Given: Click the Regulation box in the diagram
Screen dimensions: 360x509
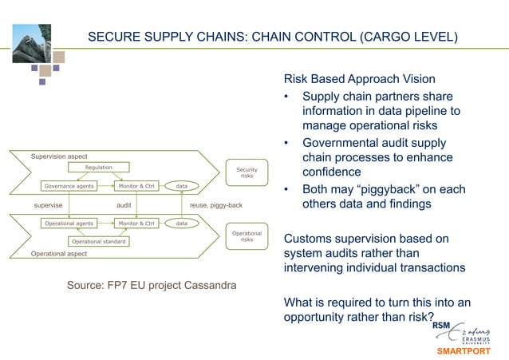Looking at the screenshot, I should (99, 168).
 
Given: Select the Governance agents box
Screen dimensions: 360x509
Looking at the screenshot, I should (69, 186).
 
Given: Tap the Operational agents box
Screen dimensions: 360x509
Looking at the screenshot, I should (70, 224).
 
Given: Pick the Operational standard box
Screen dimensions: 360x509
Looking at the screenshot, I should (100, 241).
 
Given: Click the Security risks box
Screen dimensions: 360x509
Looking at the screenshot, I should (247, 172).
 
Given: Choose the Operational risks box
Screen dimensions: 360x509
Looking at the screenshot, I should (247, 236).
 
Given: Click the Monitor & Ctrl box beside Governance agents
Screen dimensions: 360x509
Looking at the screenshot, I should (137, 186).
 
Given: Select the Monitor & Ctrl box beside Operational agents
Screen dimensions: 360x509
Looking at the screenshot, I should (137, 224).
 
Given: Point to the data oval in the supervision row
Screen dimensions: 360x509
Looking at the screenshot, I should (182, 186).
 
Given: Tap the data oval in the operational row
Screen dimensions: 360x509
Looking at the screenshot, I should (182, 224).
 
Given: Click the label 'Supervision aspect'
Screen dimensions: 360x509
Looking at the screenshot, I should (58, 156).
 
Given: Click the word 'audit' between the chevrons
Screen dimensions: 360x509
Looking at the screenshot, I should (124, 205).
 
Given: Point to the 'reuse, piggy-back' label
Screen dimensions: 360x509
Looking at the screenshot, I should (215, 205).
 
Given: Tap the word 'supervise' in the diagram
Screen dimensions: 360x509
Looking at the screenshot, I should (37, 205).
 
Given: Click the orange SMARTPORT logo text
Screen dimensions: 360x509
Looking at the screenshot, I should (465, 351).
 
